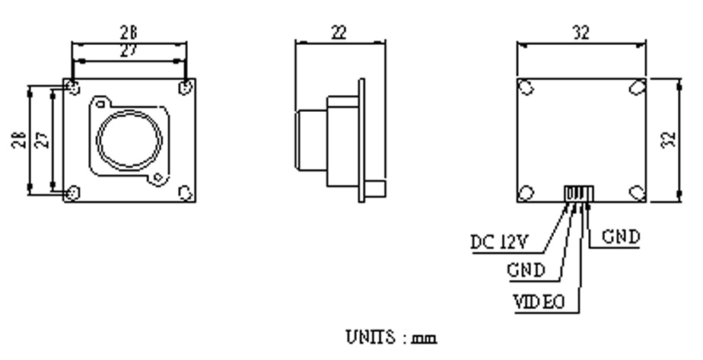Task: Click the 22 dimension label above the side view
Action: coord(339,32)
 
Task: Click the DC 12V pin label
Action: coord(499,242)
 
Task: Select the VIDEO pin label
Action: coord(539,302)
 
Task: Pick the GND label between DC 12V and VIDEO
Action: coord(526,270)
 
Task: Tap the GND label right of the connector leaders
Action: coord(621,236)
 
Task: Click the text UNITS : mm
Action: coord(391,337)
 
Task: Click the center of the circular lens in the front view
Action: coord(129,140)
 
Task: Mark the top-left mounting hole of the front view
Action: coord(73,88)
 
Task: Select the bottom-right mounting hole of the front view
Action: coord(186,193)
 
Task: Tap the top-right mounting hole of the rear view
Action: coord(637,88)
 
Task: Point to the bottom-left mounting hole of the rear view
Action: coord(526,193)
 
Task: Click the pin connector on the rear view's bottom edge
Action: coord(579,193)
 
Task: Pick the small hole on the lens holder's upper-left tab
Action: coord(101,104)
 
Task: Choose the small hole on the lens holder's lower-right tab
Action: coord(157,177)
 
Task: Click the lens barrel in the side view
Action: coord(310,141)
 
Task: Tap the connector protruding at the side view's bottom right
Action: coord(375,188)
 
